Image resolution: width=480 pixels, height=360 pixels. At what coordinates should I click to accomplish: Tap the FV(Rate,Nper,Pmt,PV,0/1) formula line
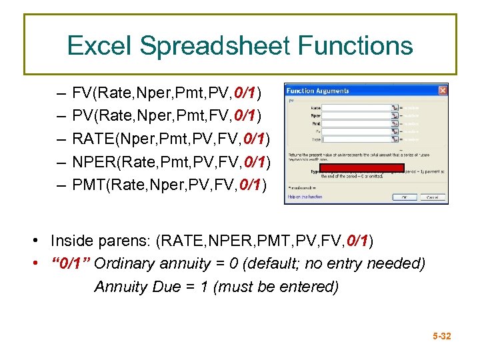167,91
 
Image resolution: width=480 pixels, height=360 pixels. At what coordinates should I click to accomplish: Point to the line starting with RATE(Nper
171,139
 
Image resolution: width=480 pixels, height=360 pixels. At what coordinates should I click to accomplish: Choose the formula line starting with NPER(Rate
171,162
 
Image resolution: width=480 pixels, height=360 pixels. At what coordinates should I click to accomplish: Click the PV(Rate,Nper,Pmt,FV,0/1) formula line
167,115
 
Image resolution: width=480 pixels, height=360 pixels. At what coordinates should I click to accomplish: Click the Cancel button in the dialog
432,197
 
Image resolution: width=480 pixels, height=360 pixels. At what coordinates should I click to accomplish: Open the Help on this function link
304,197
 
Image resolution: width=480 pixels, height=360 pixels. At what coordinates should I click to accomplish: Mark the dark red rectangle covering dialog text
362,168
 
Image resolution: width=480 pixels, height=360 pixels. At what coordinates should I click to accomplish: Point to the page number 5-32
441,336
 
